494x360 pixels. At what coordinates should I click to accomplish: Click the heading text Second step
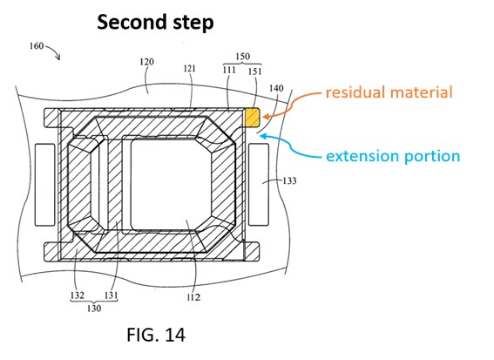155,23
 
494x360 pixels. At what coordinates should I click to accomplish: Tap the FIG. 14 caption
156,335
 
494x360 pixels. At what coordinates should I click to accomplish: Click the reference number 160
37,46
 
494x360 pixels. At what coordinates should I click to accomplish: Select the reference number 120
147,62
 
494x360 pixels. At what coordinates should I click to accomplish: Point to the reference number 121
189,68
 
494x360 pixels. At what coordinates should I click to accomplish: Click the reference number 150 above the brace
242,57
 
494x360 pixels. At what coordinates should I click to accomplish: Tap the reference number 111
229,70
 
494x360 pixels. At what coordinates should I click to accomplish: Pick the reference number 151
255,71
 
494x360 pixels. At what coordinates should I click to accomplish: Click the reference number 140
276,88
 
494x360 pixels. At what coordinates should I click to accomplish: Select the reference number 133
289,180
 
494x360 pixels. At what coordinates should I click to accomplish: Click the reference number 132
78,295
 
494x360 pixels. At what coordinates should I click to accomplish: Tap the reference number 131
111,295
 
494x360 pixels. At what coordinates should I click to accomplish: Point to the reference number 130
94,308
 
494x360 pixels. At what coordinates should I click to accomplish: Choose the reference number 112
193,297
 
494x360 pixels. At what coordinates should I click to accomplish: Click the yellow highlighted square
253,118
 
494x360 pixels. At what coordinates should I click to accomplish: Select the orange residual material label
389,92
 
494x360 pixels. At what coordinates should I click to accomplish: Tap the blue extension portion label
393,156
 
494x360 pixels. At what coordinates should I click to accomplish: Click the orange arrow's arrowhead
266,117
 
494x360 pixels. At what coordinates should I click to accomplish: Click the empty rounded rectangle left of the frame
44,185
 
